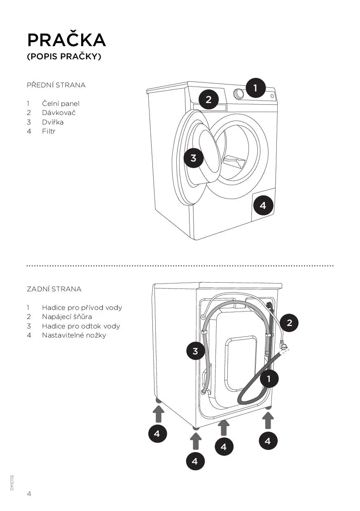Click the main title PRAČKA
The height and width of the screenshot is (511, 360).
(66, 40)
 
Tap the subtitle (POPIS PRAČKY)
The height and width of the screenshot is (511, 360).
(64, 57)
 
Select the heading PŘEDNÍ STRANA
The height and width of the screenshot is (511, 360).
(56, 85)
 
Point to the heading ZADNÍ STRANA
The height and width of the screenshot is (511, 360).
(54, 289)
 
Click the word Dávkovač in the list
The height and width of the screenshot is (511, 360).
(58, 113)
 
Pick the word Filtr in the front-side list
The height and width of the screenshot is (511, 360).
(49, 131)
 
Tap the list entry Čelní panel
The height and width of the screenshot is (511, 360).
(61, 104)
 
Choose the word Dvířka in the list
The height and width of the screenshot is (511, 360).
(53, 122)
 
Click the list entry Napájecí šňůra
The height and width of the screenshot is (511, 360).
(67, 317)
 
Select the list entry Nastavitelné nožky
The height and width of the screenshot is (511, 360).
(74, 335)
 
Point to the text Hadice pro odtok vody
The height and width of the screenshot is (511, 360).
(81, 326)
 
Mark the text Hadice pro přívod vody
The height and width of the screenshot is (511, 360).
(82, 308)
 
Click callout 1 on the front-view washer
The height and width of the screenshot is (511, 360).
(255, 88)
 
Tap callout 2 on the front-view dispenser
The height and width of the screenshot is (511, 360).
(208, 99)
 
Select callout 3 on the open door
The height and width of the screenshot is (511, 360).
(194, 157)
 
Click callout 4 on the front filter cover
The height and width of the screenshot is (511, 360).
(263, 205)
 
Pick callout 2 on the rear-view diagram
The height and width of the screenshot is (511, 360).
(289, 323)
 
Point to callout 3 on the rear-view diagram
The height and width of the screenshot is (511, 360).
(195, 351)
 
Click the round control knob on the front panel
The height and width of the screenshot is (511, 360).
(239, 94)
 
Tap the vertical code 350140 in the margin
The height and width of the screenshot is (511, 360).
(12, 483)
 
